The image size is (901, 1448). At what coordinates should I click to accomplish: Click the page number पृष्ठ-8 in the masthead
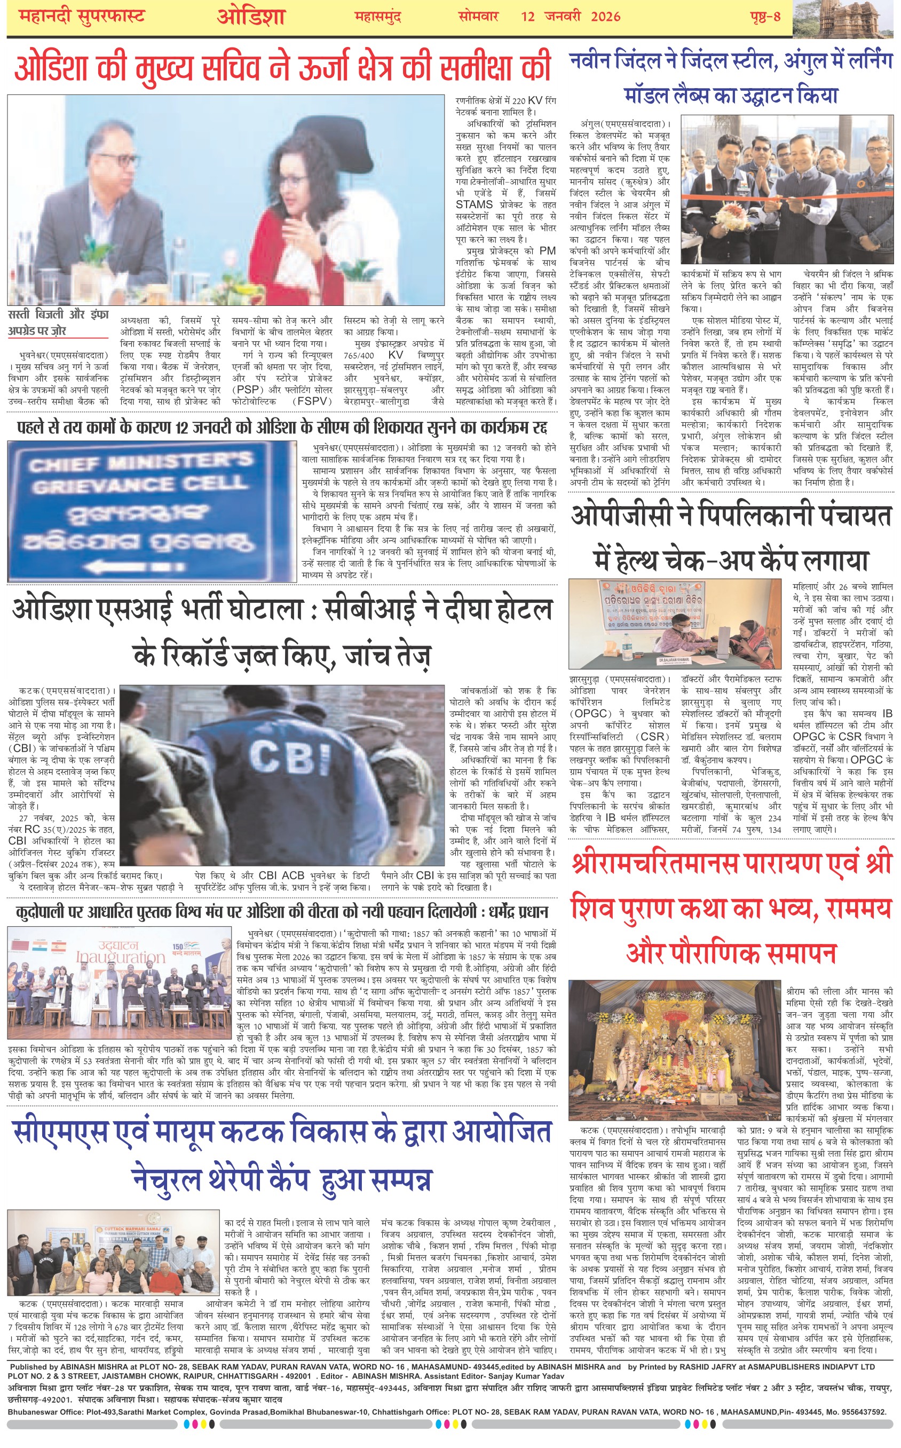(765, 17)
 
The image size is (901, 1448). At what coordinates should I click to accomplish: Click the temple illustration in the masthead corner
(845, 18)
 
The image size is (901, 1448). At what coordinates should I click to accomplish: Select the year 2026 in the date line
(605, 17)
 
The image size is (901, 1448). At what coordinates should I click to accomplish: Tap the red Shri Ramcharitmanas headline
(731, 908)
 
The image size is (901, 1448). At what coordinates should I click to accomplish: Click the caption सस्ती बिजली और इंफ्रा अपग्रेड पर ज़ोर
(58, 322)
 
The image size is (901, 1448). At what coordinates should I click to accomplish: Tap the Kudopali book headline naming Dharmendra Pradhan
(282, 912)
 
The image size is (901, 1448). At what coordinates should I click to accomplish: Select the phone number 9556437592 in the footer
(859, 1412)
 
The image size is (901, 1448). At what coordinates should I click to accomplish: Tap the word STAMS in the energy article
(474, 204)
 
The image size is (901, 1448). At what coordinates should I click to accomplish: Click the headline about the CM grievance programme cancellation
(282, 427)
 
